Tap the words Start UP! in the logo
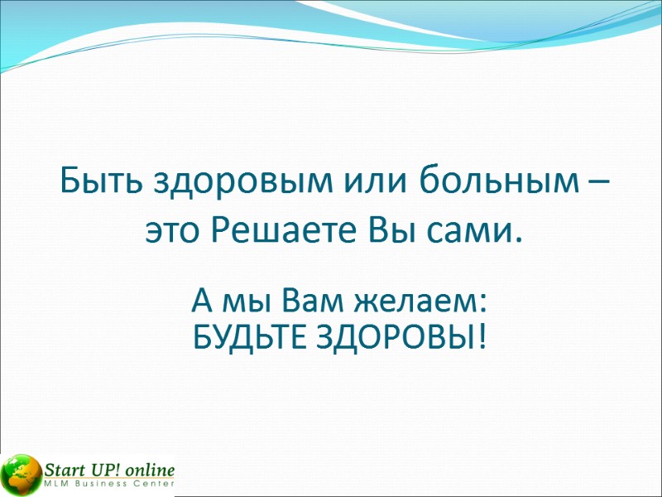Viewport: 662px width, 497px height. (x=77, y=468)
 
